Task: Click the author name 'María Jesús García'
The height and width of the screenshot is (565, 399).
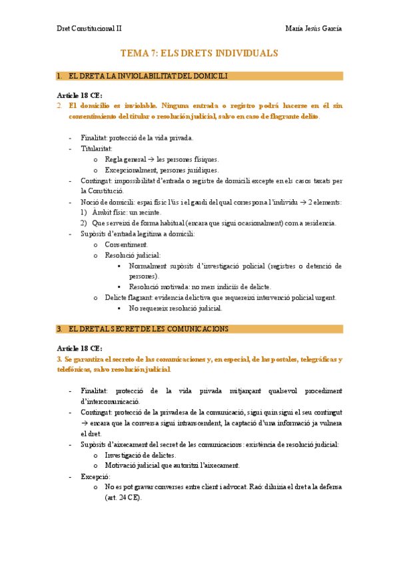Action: click(313, 29)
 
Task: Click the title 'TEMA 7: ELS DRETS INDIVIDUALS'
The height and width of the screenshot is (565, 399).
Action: click(199, 53)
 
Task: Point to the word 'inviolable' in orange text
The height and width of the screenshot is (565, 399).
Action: click(138, 105)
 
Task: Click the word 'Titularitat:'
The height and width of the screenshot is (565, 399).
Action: click(97, 149)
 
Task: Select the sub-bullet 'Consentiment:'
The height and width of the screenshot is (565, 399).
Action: click(127, 245)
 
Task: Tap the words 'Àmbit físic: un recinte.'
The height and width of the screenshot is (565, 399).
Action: click(127, 213)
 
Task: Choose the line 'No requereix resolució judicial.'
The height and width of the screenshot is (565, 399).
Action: click(175, 308)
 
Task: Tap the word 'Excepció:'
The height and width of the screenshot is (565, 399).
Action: click(95, 476)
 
